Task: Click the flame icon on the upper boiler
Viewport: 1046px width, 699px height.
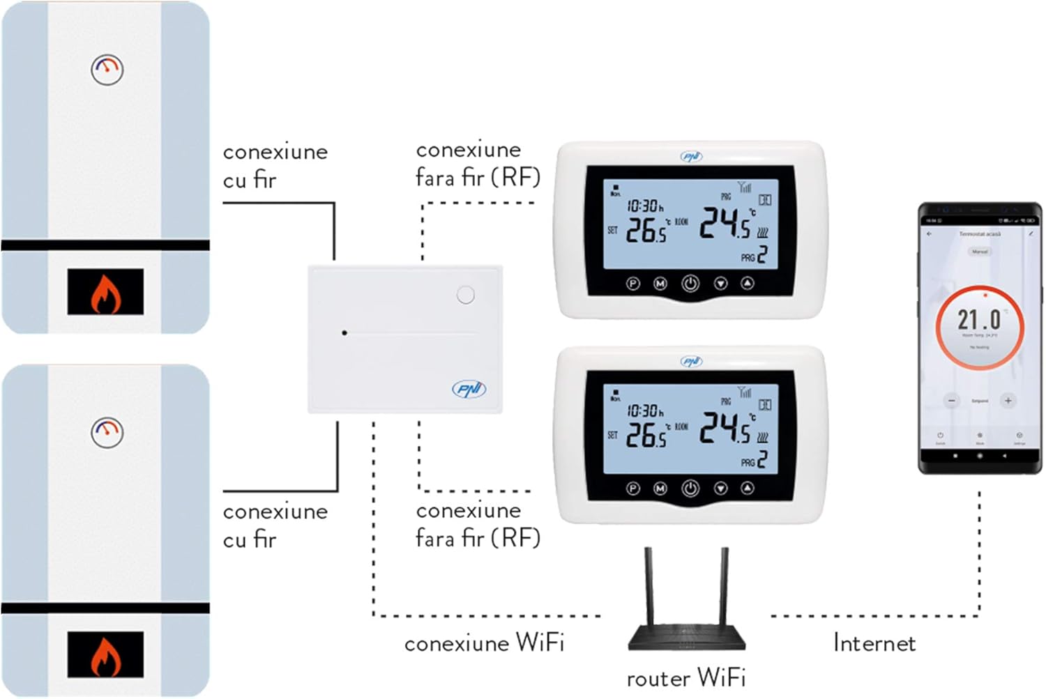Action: [105, 292]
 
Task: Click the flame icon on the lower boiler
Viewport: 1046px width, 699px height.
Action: [105, 655]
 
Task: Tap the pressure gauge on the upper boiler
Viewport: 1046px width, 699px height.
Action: [107, 69]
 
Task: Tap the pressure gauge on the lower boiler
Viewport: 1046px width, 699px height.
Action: [107, 432]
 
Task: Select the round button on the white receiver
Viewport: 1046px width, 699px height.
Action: [466, 295]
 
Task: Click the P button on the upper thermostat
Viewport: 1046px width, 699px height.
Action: [633, 284]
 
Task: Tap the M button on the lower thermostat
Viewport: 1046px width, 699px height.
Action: [660, 489]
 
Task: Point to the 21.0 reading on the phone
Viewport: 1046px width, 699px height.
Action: [979, 320]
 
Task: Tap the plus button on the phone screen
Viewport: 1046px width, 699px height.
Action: [1008, 401]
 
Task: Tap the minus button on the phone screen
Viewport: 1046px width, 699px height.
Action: [952, 401]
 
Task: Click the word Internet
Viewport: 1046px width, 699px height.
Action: [874, 643]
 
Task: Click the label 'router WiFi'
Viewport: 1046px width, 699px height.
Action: [686, 677]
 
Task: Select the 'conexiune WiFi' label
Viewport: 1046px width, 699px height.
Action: [484, 643]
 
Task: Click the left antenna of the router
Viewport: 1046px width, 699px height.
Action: [649, 585]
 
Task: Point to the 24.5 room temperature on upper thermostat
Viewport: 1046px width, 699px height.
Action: [725, 223]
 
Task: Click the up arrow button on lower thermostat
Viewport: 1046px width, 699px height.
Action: [748, 489]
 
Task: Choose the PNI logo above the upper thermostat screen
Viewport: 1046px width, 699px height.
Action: [691, 156]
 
